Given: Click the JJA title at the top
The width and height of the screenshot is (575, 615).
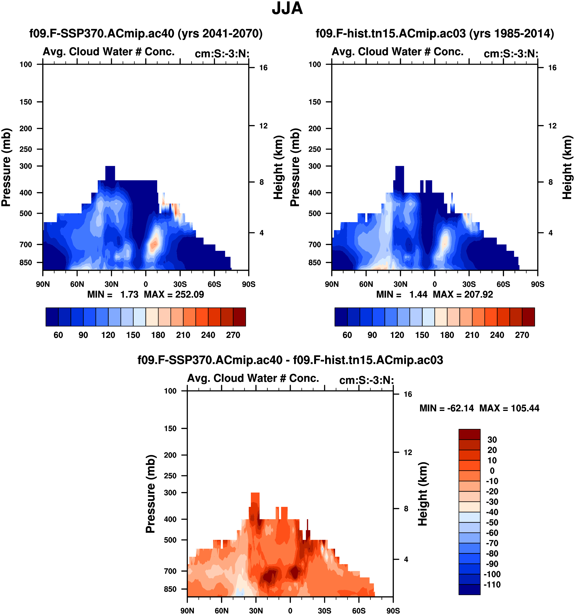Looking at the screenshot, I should [287, 8].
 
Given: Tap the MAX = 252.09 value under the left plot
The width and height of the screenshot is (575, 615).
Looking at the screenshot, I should [174, 294].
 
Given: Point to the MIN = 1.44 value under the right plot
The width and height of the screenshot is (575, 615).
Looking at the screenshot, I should [401, 294].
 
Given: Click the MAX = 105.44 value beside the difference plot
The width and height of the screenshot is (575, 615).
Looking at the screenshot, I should [509, 408].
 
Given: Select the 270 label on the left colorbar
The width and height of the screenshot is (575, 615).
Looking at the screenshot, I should [233, 335].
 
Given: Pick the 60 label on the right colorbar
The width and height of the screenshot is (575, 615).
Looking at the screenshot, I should [347, 335].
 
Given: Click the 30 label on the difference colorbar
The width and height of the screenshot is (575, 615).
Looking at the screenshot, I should [492, 440].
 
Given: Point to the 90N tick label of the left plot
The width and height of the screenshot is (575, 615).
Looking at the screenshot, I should [43, 284].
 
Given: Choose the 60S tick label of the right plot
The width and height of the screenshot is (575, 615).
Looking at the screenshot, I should [503, 284].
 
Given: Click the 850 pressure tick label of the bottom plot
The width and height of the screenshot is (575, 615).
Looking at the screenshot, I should [170, 589].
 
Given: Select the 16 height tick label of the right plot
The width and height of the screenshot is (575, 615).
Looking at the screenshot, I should [552, 68].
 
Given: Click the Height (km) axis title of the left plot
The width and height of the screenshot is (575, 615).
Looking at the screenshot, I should [278, 167].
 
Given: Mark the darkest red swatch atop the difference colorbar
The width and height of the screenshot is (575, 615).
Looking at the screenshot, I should [469, 434].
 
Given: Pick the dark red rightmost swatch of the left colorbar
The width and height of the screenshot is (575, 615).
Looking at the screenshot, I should [239, 317].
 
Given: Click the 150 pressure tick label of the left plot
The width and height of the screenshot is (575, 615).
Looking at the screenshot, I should [26, 102].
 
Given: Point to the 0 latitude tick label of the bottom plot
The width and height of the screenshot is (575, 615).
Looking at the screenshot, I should [290, 611].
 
